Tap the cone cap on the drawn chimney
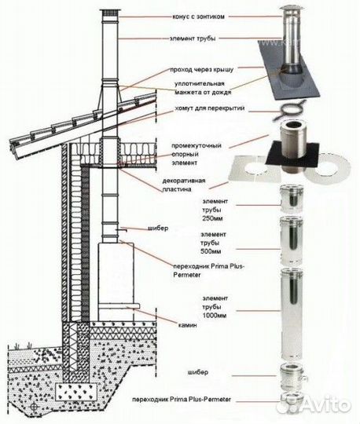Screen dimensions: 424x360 pyautogui.click(x=109, y=13)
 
